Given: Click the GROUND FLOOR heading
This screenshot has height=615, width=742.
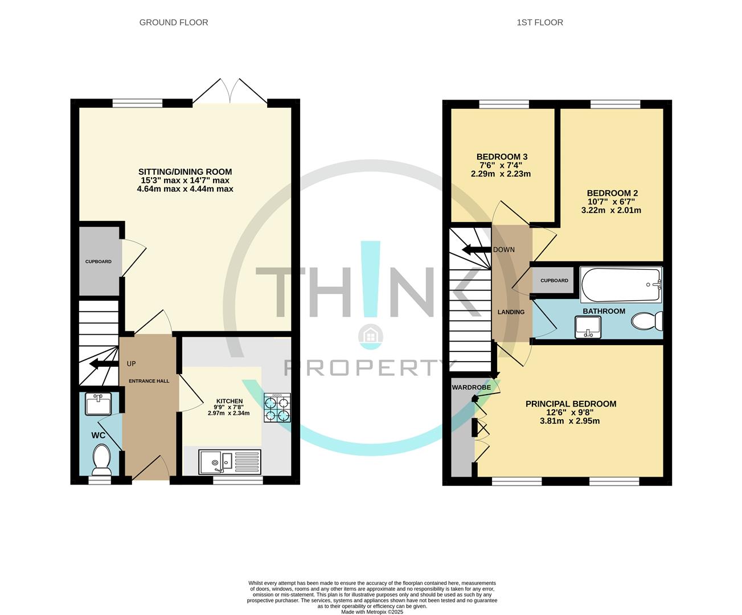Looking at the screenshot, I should click(174, 23).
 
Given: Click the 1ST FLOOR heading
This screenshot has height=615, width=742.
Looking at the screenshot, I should click(539, 23).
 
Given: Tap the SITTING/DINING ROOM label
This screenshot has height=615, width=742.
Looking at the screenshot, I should click(185, 171).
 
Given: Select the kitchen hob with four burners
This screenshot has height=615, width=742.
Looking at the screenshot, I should click(277, 408).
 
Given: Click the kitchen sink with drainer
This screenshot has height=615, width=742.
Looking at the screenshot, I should click(230, 462).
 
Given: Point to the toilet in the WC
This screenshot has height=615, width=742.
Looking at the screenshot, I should click(102, 460).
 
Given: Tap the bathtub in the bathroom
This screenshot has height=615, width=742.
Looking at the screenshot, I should click(620, 285).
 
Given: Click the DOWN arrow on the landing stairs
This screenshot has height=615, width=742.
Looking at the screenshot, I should click(475, 249).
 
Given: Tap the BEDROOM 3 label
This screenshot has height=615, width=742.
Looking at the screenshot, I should click(501, 157).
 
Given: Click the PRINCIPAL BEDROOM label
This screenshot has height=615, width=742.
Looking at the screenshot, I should click(571, 404).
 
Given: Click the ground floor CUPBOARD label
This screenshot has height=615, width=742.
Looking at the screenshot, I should click(99, 261).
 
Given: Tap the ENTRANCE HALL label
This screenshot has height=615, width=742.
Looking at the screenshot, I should click(149, 381).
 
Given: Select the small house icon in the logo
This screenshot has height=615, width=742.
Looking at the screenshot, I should click(370, 336).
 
